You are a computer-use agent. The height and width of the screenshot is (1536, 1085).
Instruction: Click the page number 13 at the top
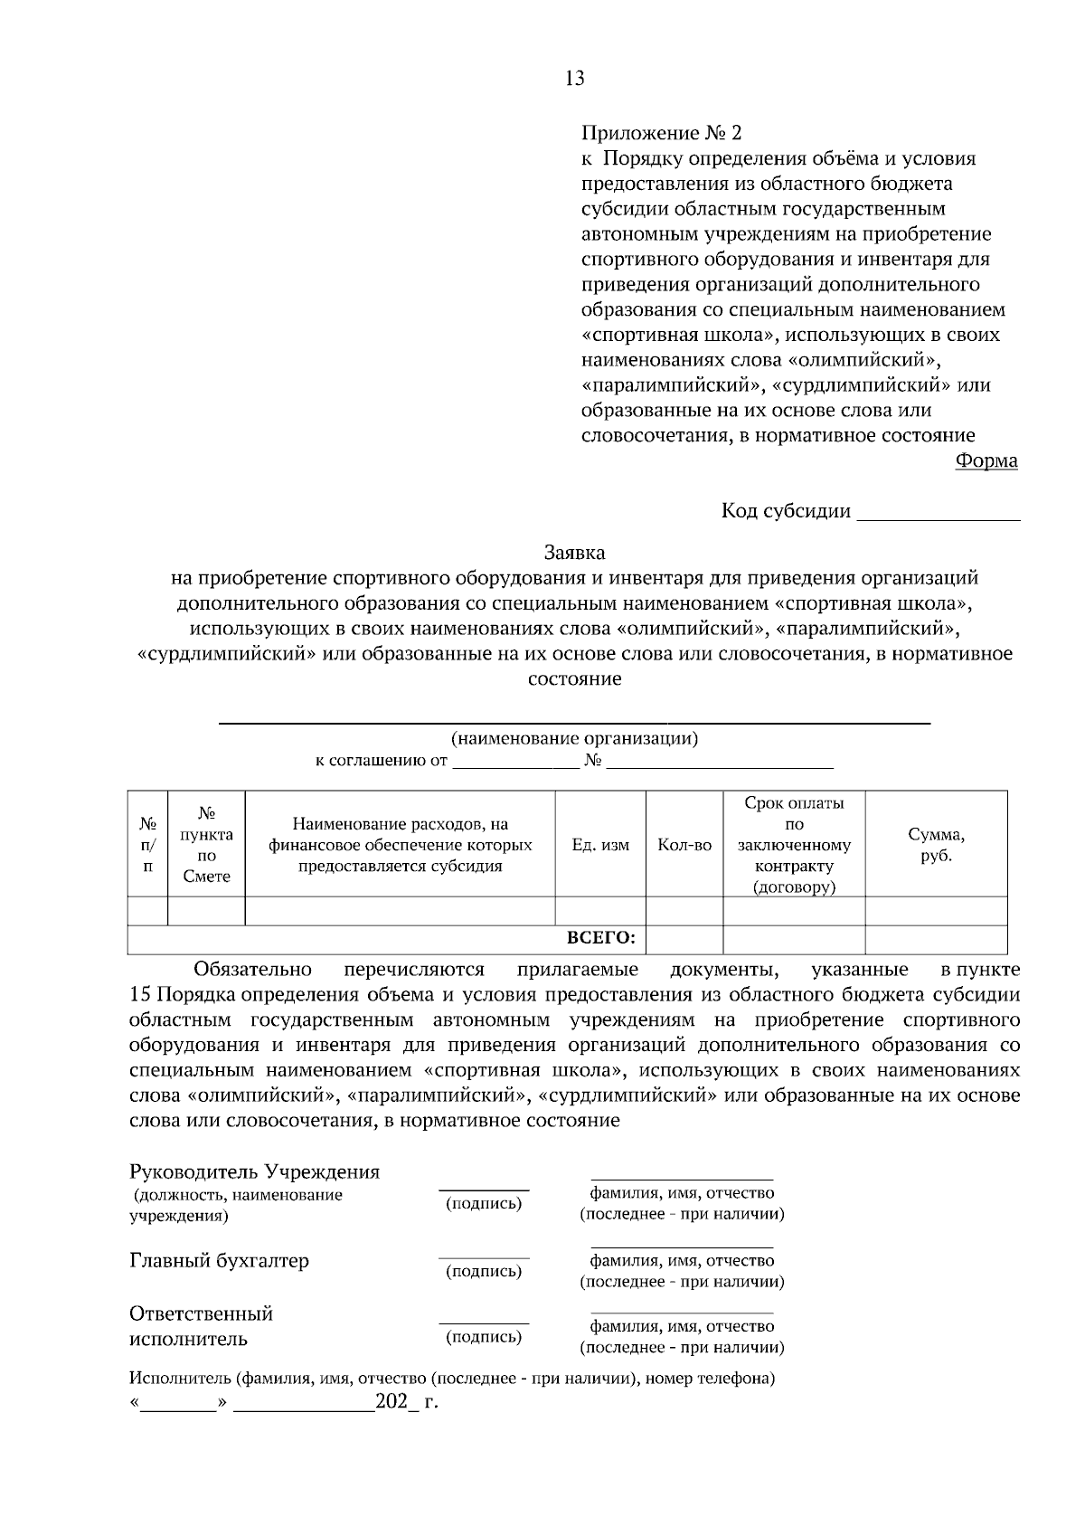coord(575,79)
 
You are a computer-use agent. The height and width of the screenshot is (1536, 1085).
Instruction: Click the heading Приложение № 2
coord(661,134)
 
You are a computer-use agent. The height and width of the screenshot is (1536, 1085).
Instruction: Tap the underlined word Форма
coord(986,461)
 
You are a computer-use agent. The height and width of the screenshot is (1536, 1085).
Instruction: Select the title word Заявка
coord(574,552)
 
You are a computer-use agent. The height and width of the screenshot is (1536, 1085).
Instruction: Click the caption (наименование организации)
coord(574,738)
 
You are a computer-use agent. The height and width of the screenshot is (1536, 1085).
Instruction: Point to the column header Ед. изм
coord(600,845)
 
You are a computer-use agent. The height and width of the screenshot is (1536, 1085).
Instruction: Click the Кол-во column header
coord(684,845)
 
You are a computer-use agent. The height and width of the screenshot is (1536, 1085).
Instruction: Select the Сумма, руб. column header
coord(936,845)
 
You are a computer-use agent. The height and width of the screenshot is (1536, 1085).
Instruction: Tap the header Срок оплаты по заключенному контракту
coord(794,845)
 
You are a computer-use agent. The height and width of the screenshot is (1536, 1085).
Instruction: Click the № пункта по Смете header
coord(206,845)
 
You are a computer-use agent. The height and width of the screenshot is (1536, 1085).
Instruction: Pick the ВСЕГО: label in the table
coord(601,939)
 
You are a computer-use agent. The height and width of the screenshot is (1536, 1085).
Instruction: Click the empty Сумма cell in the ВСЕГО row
coord(936,939)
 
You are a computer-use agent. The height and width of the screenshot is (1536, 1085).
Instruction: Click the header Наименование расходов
coord(400,845)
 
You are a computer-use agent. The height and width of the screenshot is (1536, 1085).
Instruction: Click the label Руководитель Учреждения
coord(255,1172)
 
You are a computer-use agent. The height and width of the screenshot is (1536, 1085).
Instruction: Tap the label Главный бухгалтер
coord(219,1261)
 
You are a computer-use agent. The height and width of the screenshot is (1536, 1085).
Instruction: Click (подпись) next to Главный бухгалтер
coord(484,1271)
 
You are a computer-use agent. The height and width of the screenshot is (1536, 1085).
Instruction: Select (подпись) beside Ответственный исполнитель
coord(484,1337)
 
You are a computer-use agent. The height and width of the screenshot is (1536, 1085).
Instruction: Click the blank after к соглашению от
coord(515,762)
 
